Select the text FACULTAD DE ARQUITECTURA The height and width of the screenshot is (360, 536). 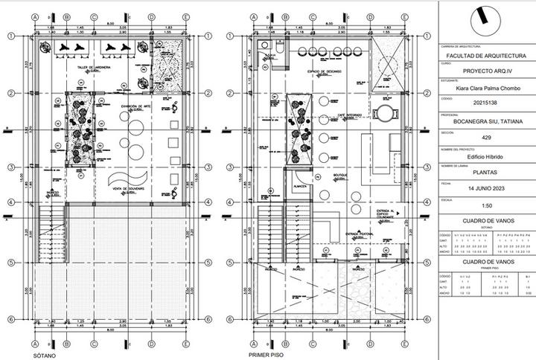[x=485, y=56]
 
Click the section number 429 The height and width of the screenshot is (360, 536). [x=485, y=138]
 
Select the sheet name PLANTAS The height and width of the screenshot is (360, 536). [x=485, y=173]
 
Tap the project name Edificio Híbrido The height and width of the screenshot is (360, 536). [x=485, y=156]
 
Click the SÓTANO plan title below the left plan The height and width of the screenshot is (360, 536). [x=44, y=355]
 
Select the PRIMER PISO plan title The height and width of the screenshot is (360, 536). [x=264, y=355]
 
